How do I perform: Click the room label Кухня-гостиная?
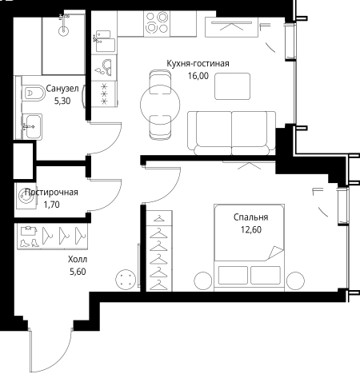(198, 64)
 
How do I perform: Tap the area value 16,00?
(198, 76)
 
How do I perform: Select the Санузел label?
(62, 89)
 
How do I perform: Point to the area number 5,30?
(62, 101)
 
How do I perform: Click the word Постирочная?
(51, 192)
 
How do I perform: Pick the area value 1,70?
(51, 205)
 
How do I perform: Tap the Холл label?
(78, 259)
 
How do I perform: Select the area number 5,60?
(78, 272)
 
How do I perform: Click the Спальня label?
(251, 217)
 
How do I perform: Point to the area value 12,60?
(251, 229)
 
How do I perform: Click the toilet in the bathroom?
(34, 93)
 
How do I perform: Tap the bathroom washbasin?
(32, 126)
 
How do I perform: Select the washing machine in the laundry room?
(26, 196)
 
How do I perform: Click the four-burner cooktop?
(157, 23)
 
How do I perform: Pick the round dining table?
(160, 105)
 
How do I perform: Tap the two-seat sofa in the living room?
(231, 133)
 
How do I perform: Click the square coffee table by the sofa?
(233, 86)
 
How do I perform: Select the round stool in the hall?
(125, 279)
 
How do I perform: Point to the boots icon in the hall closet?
(28, 243)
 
